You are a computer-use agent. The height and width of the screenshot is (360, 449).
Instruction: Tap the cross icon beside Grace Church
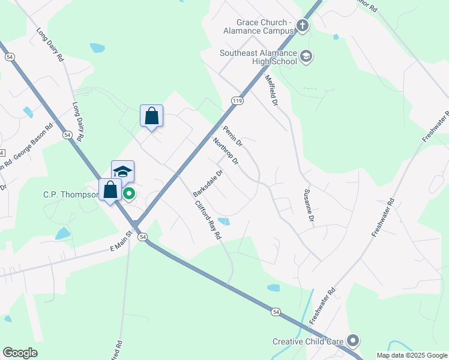tap(303, 26)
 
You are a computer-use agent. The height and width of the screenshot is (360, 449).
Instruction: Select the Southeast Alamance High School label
tap(258, 57)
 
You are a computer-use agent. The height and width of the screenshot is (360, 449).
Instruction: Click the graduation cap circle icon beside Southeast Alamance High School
tap(306, 56)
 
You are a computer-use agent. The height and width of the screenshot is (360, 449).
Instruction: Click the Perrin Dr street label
tap(232, 137)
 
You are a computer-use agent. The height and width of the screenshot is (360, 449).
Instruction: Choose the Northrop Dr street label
tap(226, 152)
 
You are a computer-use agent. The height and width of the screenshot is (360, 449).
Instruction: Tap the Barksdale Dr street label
tap(208, 183)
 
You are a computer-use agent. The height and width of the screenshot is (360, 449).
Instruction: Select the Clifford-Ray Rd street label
tap(208, 220)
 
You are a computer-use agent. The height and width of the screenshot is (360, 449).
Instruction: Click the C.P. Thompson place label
tap(70, 194)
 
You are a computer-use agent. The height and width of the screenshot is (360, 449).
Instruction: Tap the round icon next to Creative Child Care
tap(352, 341)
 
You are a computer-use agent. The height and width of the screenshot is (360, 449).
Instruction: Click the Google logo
tap(20, 352)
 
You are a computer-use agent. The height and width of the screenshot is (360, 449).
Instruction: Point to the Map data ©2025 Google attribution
tap(411, 355)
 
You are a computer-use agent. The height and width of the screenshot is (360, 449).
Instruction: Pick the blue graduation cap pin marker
tap(122, 172)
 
